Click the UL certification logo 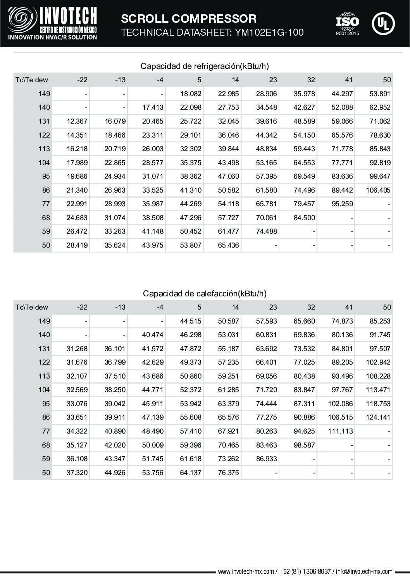[383, 24]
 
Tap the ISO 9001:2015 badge [347, 24]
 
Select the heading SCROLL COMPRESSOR [189, 19]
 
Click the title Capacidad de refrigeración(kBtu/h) [204, 66]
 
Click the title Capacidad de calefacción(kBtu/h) [204, 294]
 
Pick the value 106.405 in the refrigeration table [378, 190]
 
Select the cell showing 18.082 [191, 94]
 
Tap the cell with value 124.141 [378, 418]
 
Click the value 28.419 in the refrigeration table [77, 245]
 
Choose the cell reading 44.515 [191, 321]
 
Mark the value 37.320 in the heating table [77, 473]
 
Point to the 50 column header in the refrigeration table [387, 80]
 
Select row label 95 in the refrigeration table [46, 176]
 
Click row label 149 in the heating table [44, 321]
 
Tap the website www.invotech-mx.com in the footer [246, 571]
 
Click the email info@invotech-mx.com [364, 571]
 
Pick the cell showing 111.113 [340, 431]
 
